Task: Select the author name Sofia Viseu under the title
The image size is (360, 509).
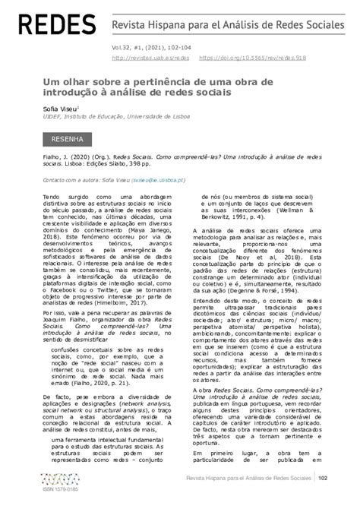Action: point(59,109)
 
